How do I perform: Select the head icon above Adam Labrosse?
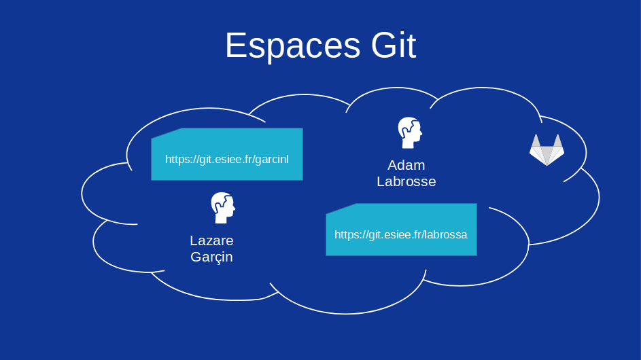tap(409, 132)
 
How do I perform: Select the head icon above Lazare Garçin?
tap(222, 208)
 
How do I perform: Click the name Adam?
tap(406, 165)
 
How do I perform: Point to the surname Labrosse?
tap(406, 181)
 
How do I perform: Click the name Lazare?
tap(211, 240)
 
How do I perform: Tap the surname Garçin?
tap(211, 257)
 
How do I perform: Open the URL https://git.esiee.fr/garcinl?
tap(226, 159)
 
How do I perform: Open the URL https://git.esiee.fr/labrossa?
tap(400, 234)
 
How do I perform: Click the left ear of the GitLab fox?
tap(536, 141)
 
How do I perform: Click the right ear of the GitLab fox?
tap(558, 141)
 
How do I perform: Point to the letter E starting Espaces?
tap(235, 46)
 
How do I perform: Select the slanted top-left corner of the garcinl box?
tap(167, 133)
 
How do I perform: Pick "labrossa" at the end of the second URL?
tap(445, 234)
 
